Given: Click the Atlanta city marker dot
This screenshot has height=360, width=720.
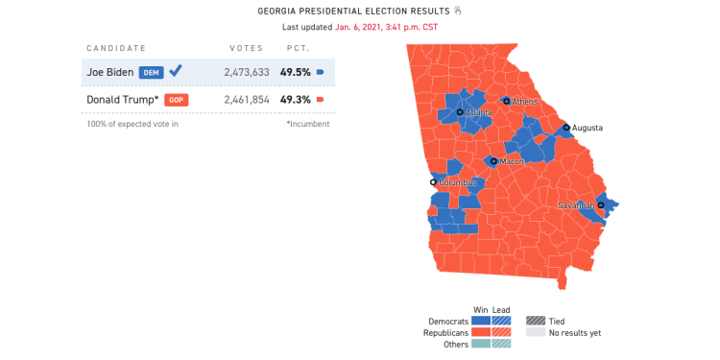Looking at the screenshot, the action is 460,112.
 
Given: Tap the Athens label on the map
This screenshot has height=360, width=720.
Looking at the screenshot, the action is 525,102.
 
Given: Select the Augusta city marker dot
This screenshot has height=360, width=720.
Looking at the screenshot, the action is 566,127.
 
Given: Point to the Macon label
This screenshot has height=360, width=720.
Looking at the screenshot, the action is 512,162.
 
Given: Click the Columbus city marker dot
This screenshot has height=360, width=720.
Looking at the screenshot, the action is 433,182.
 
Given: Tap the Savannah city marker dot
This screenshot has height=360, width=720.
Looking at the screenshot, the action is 601,205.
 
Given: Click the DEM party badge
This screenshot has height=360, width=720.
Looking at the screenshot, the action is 151,72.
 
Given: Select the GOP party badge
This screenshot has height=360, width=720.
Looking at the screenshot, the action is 175,100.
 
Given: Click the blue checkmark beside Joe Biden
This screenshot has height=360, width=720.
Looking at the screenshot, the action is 176,71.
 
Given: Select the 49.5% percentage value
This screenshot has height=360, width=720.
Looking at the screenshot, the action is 294,72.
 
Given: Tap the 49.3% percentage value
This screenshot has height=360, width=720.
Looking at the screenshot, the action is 294,100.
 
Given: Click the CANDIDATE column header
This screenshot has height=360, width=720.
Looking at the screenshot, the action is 116,48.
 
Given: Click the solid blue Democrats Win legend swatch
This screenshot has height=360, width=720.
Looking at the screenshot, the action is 481,321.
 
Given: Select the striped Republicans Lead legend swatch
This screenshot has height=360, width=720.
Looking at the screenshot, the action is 502,332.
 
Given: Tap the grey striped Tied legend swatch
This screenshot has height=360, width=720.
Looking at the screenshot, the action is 535,321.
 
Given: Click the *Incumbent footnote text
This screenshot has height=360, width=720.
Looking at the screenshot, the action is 307,124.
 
